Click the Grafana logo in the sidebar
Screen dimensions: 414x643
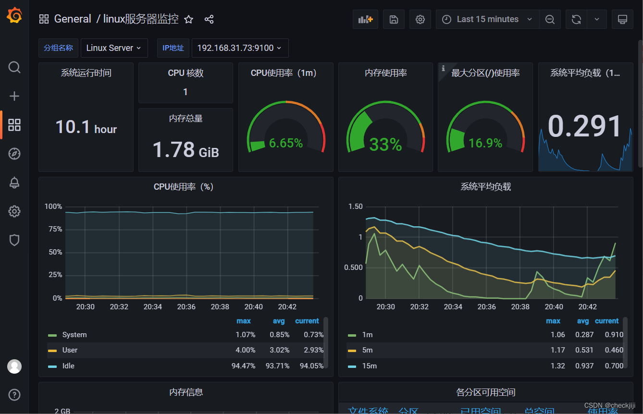[x=14, y=16]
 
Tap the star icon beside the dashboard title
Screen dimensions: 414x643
[x=189, y=19]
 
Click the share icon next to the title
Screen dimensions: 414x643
[x=209, y=19]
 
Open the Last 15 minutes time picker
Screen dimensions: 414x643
[x=487, y=19]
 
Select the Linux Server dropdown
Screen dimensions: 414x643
[x=114, y=48]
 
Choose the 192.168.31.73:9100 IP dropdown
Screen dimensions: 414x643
[x=239, y=48]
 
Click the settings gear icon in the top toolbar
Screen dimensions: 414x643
[x=420, y=19]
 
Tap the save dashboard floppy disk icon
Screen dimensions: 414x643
[x=394, y=19]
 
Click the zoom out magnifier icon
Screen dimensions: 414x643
[x=550, y=19]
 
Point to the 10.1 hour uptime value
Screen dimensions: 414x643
[x=86, y=127]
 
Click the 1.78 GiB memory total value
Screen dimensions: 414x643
[x=185, y=150]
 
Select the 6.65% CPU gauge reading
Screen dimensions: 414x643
[x=286, y=143]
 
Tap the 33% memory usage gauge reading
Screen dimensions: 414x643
[x=385, y=144]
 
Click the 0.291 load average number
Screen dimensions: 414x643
[x=585, y=127]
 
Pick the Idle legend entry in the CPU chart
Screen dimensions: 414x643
[x=68, y=366]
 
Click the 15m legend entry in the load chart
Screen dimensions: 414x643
[x=369, y=366]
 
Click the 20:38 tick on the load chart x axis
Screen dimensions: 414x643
[x=520, y=307]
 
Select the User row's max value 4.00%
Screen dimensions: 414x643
[x=245, y=350]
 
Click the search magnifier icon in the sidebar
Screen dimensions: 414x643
[x=14, y=67]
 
